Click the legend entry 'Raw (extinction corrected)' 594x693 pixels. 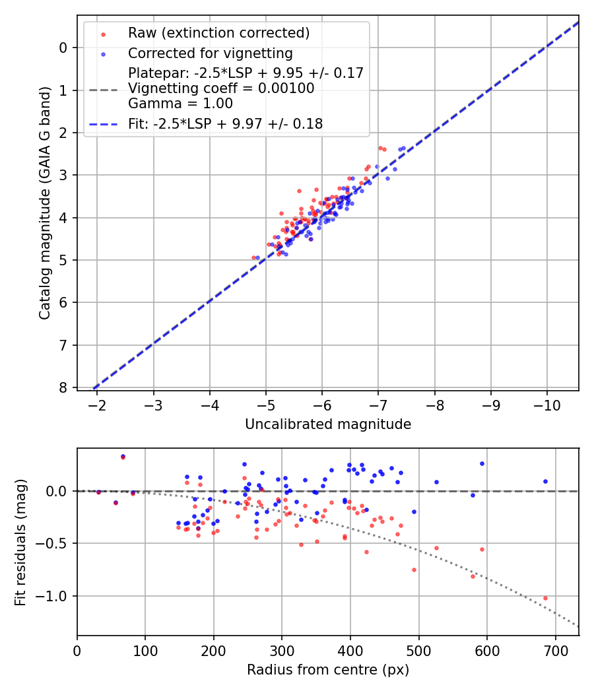point(218,33)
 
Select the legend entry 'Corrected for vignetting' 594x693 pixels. point(210,53)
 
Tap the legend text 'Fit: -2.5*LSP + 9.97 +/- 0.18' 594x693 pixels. point(225,123)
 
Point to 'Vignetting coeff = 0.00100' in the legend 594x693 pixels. point(221,88)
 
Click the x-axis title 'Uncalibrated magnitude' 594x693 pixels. point(328,424)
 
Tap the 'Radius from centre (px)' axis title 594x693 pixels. point(328,670)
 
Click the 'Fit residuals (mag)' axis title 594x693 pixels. point(20,542)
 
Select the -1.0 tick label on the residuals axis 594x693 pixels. point(55,596)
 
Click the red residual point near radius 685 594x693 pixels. point(545,598)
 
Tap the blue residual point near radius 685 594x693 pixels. point(545,481)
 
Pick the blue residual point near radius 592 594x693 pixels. point(482,463)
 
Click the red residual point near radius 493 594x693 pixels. point(414,570)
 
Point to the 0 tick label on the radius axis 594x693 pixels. point(77,650)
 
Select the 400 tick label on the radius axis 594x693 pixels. point(350,650)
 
